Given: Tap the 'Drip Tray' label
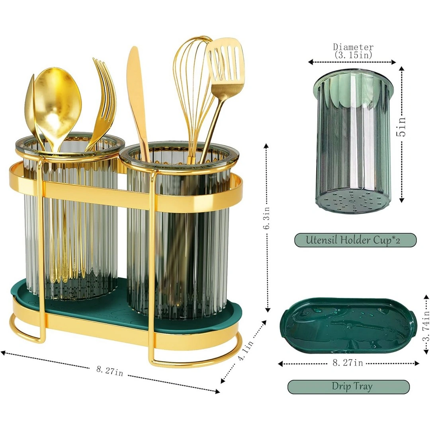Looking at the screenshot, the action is pyautogui.click(x=352, y=386).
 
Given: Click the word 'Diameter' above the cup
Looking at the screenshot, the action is pyautogui.click(x=353, y=47).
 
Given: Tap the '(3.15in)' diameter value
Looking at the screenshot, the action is pyautogui.click(x=353, y=55).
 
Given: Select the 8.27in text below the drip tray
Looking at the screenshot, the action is pyautogui.click(x=348, y=363).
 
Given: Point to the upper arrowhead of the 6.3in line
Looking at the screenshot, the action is pyautogui.click(x=266, y=146).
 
